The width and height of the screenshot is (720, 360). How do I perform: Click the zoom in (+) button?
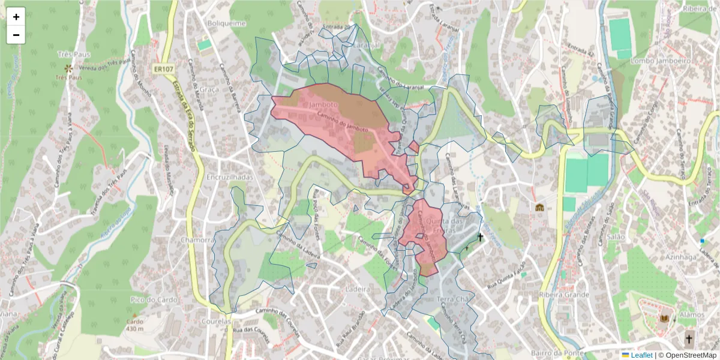pos(16,17)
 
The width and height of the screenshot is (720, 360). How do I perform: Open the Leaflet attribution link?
pos(641,355)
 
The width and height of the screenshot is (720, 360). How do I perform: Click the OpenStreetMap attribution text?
pos(690,355)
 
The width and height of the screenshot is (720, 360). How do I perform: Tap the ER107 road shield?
pos(161,70)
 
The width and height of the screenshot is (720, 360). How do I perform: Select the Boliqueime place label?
pos(223,23)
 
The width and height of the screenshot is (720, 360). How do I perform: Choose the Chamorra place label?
pos(197,240)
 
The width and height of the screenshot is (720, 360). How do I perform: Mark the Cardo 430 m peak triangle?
pos(135,314)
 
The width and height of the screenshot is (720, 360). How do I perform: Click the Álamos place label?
pos(694,314)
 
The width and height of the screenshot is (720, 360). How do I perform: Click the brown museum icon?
pos(539,208)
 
